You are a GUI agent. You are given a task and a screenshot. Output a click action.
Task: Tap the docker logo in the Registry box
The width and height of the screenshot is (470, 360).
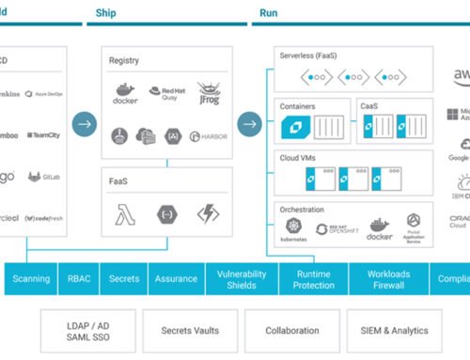pyautogui.click(x=125, y=92)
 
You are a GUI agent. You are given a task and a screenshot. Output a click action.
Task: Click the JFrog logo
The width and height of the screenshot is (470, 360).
pyautogui.click(x=208, y=92)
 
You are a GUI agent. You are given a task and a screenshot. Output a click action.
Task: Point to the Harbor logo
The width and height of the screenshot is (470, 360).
pyautogui.click(x=208, y=136)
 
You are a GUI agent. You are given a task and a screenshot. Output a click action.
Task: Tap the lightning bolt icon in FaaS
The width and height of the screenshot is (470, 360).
pyautogui.click(x=208, y=213)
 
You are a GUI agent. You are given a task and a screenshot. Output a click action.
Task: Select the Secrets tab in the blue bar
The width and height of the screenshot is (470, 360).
pyautogui.click(x=125, y=278)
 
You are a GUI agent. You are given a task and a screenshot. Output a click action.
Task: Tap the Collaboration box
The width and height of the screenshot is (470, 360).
pyautogui.click(x=291, y=331)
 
